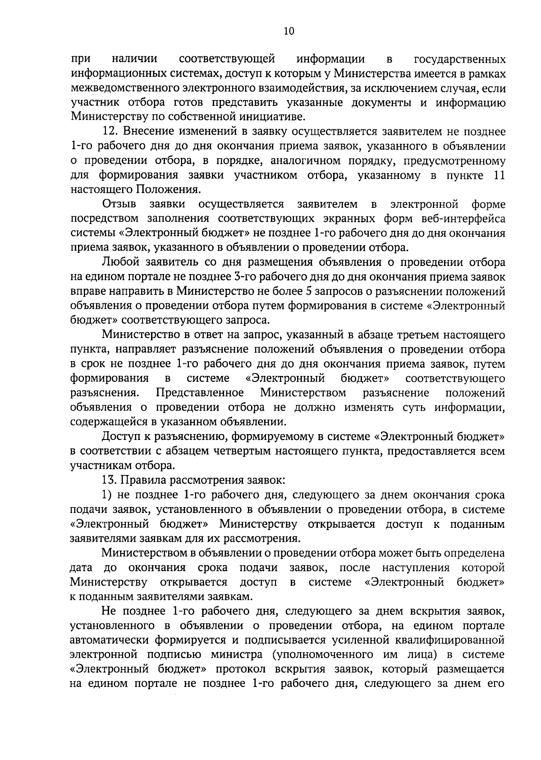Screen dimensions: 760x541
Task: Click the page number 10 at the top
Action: pyautogui.click(x=289, y=31)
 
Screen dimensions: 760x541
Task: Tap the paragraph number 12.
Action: pyautogui.click(x=110, y=132)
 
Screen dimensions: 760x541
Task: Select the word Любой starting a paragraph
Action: pyautogui.click(x=119, y=262)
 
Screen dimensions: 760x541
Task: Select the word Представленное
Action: pyautogui.click(x=200, y=393)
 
